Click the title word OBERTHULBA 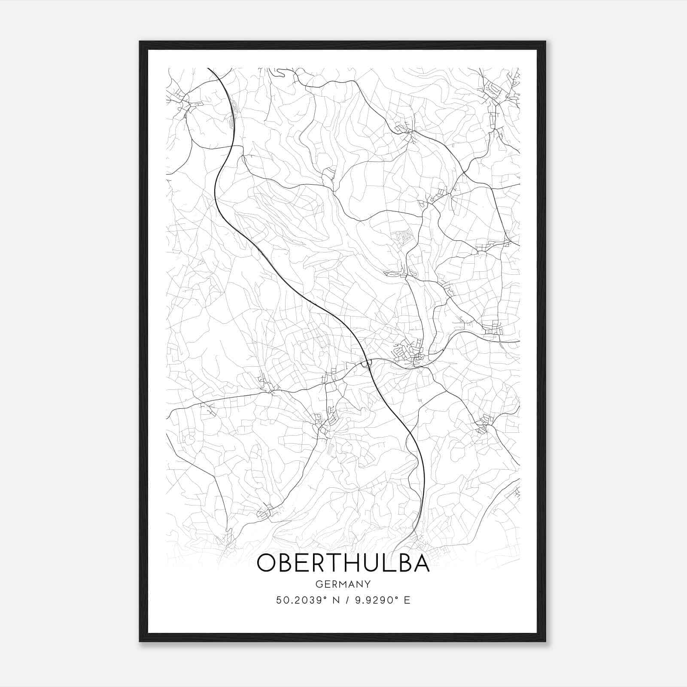coord(343,564)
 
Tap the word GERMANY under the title coord(343,584)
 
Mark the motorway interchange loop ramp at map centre coord(366,364)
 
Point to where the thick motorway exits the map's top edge coord(209,69)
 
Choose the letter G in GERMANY coord(319,584)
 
